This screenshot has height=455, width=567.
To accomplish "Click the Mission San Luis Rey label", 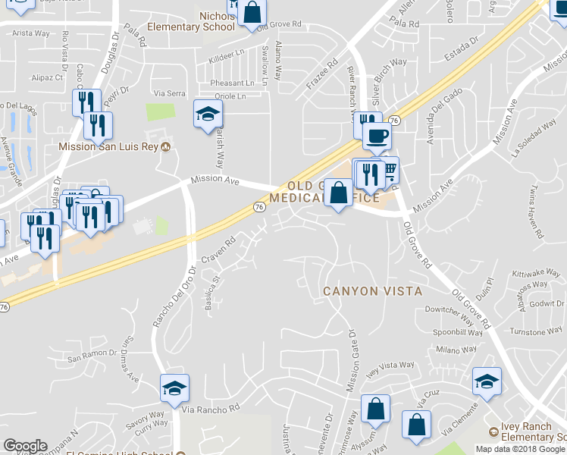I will [x=110, y=146].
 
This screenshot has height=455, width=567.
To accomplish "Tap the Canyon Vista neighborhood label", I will [x=372, y=291].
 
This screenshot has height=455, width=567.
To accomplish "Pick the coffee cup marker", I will [x=377, y=137].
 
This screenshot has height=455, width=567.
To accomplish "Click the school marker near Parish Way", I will [x=207, y=115].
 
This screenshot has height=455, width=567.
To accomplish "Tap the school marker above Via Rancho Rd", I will [x=174, y=388].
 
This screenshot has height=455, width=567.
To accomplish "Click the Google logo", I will [x=25, y=446].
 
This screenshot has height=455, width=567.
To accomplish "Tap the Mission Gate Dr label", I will [x=352, y=361].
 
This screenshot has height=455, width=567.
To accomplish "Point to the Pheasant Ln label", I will [x=233, y=83].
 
